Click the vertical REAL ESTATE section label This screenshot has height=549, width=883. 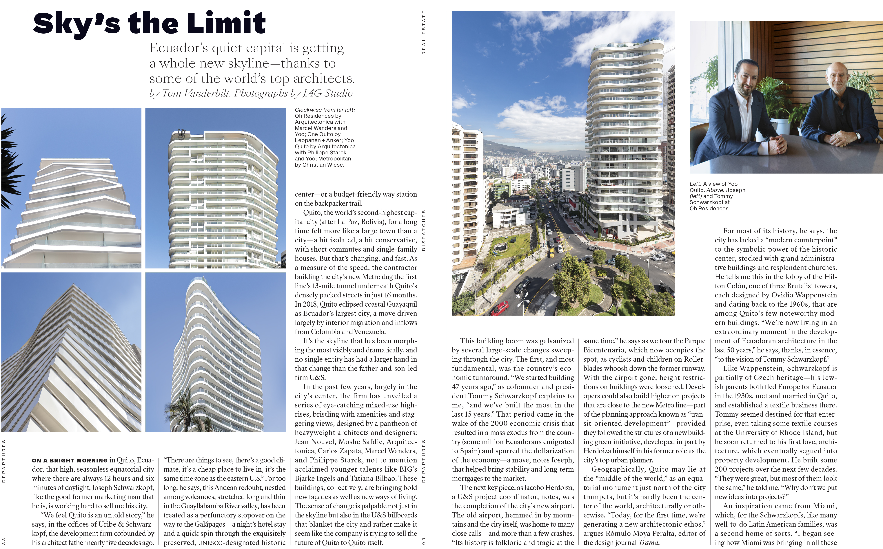(x=423, y=33)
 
